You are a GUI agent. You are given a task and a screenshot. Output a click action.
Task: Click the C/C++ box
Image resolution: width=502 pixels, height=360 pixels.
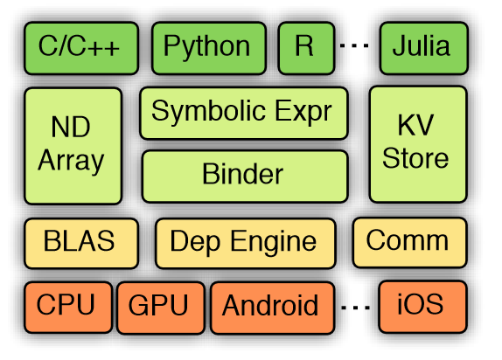coord(81,48)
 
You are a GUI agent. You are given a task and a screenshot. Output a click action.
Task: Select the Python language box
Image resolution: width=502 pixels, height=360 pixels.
coord(209,48)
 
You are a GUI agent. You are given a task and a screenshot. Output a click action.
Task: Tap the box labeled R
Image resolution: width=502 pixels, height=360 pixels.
coord(306,48)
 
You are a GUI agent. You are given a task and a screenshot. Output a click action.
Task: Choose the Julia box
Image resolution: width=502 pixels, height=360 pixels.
coord(424,48)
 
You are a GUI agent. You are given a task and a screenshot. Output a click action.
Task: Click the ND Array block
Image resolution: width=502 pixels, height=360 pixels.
coord(73,146)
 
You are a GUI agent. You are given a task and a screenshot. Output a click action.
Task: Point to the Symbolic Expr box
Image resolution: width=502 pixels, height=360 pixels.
coord(244,113)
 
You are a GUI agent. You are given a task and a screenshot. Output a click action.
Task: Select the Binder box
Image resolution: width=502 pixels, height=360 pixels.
coord(245,177)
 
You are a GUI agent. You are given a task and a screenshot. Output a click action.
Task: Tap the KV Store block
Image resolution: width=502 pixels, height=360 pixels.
coord(418,144)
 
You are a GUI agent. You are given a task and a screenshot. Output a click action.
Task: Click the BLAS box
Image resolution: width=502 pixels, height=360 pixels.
coord(81,243)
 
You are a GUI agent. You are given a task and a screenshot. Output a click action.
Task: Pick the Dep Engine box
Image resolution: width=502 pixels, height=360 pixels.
coord(246,243)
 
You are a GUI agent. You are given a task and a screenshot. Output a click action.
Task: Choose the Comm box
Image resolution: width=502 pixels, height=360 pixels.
coord(410,242)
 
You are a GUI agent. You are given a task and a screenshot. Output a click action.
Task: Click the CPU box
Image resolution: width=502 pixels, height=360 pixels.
coord(68,308)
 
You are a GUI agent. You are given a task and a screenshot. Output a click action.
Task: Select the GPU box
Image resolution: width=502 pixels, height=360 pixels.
coord(161,308)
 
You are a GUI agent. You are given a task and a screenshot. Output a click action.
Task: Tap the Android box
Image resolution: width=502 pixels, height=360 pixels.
coord(273,308)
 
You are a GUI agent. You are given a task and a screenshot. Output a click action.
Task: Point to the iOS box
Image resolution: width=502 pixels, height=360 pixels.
coord(422,307)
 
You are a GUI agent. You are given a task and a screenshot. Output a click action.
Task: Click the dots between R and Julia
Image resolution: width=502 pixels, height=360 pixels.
coord(354,45)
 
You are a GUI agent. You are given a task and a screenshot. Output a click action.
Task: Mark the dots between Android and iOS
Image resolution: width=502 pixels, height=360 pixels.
coord(356,308)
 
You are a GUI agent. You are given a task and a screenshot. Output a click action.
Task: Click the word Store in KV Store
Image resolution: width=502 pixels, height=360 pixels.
coord(415,158)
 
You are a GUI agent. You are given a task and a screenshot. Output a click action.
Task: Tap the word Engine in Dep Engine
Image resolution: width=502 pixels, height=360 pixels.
coord(274,243)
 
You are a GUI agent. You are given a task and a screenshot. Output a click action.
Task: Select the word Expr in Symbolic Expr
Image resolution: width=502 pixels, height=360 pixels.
coord(303,112)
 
